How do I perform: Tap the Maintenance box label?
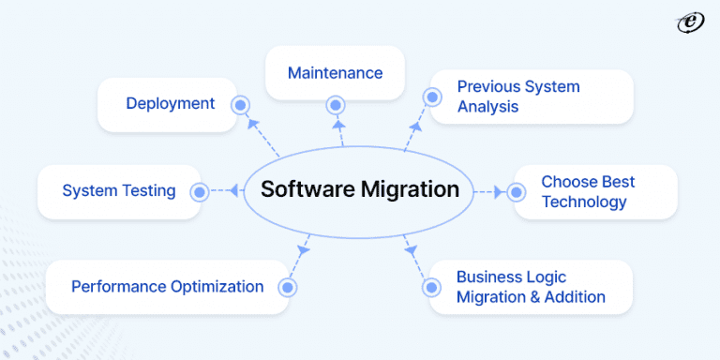335,72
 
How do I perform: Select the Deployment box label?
171,103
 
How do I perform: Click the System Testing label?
119,190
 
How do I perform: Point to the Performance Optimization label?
168,286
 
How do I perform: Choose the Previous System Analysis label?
518,97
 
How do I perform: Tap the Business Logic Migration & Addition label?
531,287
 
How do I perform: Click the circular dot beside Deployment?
240,105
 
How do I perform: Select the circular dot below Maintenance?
335,105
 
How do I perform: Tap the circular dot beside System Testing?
199,191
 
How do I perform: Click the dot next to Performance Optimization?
288,287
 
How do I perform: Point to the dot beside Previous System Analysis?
432,96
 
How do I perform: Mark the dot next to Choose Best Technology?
515,191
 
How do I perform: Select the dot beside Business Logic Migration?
431,287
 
